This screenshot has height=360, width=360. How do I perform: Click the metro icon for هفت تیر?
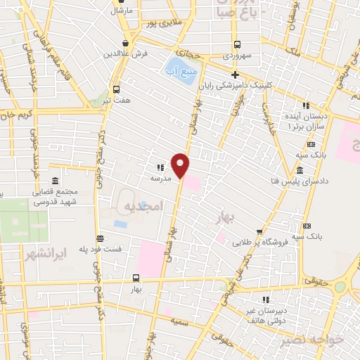(116, 89)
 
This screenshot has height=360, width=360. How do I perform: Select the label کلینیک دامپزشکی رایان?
(236, 86)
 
